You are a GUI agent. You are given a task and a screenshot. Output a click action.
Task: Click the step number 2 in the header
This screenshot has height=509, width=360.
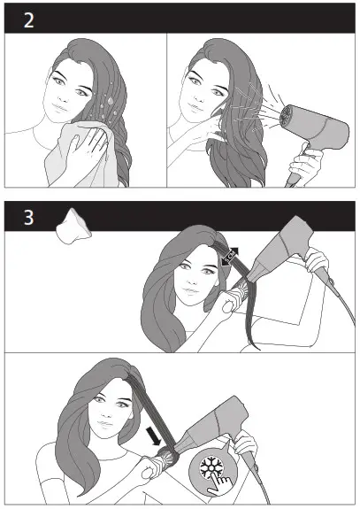pyautogui.click(x=29, y=19)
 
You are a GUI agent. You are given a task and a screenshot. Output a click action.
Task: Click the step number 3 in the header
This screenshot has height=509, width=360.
pyautogui.click(x=29, y=216)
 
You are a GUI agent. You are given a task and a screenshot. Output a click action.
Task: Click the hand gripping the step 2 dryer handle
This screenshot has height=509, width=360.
pyautogui.click(x=305, y=167)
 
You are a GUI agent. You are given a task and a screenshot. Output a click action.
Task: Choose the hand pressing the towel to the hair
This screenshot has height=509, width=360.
pyautogui.click(x=95, y=147)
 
